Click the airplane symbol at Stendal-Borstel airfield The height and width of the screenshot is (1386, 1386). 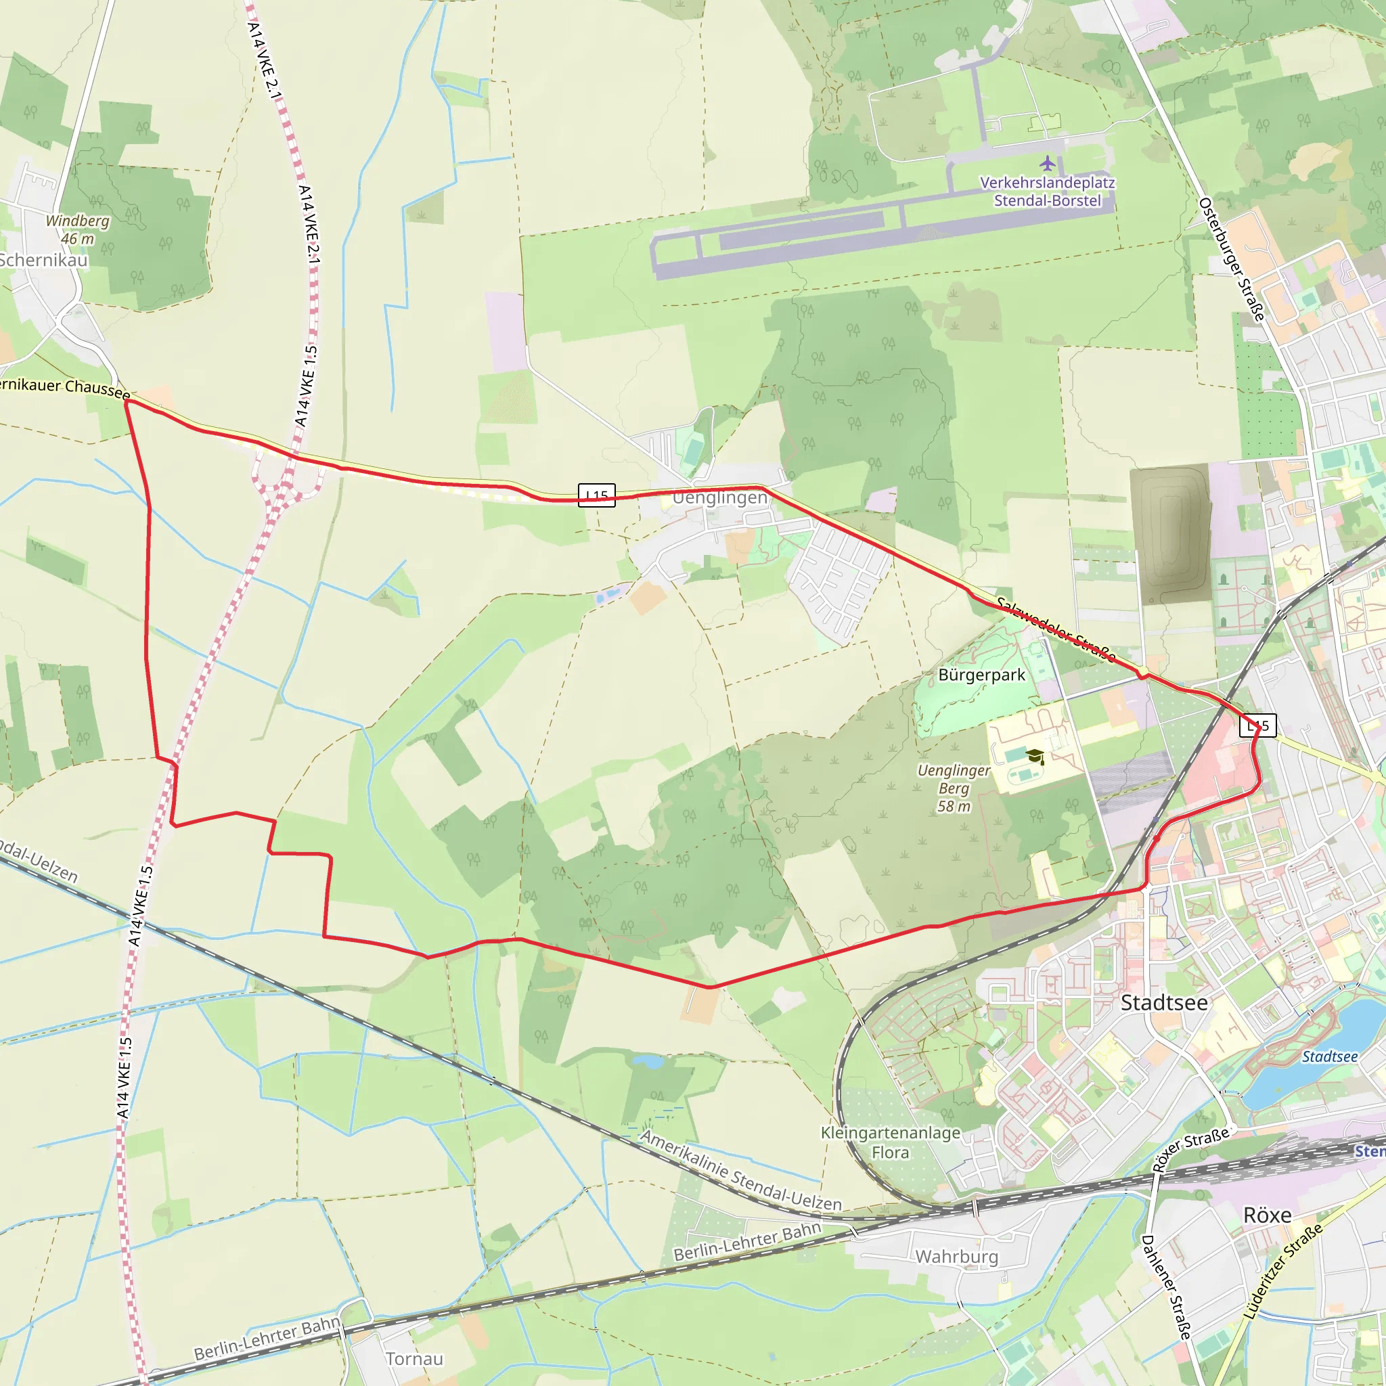[1048, 163]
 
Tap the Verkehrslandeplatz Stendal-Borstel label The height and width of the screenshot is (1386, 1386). [1047, 192]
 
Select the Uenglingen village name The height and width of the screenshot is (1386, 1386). [719, 497]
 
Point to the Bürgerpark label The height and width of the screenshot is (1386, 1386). [981, 675]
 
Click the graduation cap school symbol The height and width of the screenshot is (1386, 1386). [1035, 756]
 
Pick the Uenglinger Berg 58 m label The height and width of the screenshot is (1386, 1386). [954, 788]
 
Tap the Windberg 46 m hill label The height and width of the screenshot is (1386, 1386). [77, 229]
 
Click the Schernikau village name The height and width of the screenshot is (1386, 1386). [43, 260]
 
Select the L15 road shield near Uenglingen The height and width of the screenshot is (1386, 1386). [596, 495]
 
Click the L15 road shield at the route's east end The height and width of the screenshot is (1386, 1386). [1257, 725]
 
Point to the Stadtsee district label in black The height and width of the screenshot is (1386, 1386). [1163, 1002]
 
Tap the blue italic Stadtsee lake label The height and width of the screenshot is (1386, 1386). [1329, 1056]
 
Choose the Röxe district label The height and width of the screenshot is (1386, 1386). [1267, 1215]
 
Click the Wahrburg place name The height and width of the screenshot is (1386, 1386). [956, 1256]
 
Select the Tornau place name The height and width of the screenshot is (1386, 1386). [414, 1359]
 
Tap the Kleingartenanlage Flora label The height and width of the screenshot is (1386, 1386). [891, 1142]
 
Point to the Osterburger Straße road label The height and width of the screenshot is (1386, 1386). [1231, 259]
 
